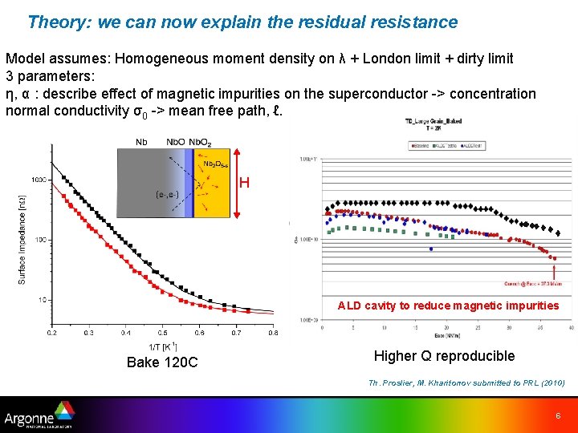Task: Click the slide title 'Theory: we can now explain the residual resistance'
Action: pos(242,22)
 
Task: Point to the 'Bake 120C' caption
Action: pos(162,362)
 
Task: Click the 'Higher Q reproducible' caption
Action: pos(444,356)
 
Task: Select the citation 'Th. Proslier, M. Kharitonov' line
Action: pos(467,383)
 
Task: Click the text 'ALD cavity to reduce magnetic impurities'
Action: pos(448,306)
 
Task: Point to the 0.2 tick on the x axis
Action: pos(51,332)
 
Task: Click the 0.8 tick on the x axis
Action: pos(273,332)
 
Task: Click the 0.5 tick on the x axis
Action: pos(162,332)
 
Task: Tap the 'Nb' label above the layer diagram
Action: pos(141,142)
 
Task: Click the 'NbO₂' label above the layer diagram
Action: pos(200,143)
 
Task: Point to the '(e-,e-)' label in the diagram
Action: pos(166,193)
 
